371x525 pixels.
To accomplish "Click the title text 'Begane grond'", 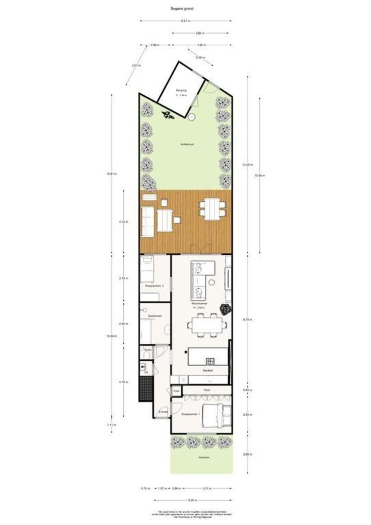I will pyautogui.click(x=185, y=8).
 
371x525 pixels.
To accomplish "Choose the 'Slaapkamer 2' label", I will pyautogui.click(x=154, y=286).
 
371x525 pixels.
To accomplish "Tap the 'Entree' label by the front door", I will pyautogui.click(x=163, y=411).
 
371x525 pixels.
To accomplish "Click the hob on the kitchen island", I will pyautogui.click(x=210, y=360).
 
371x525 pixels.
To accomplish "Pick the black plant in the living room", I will pyautogui.click(x=225, y=309).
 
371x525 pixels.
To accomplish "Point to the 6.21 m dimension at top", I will pyautogui.click(x=185, y=21).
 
